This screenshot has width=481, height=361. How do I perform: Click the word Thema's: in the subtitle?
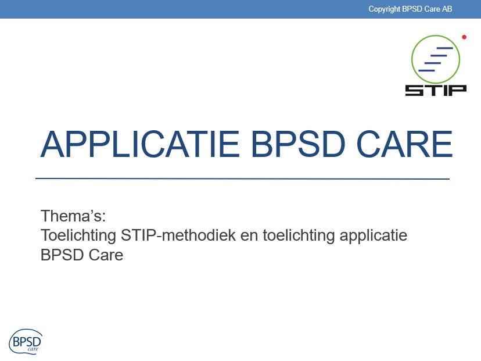(73, 216)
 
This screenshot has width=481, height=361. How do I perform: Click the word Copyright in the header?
(384, 9)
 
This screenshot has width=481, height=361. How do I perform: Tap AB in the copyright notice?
(447, 9)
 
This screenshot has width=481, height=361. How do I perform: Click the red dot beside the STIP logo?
(464, 37)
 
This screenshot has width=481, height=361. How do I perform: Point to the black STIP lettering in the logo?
(436, 90)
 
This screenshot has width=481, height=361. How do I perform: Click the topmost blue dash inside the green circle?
(444, 48)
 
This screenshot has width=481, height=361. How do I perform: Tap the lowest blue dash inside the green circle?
(426, 70)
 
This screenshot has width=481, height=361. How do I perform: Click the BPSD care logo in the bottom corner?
(26, 340)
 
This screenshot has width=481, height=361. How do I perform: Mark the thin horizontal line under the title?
(242, 178)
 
